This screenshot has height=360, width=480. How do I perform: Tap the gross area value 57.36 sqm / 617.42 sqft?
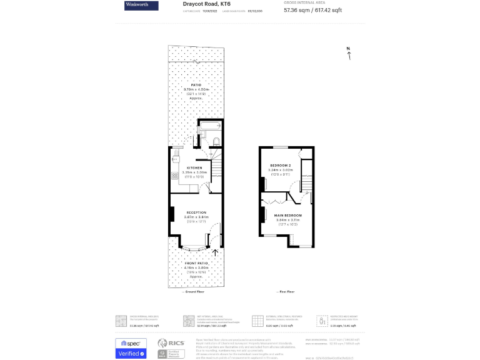click(312, 10)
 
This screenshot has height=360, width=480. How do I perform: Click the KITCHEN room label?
click(194, 168)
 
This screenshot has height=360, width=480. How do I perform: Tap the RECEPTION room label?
click(196, 213)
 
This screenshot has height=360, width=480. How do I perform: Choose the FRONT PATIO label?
click(196, 264)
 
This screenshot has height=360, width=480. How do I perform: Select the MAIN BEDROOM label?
click(287, 216)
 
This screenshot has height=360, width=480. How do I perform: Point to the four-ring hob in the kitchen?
click(175, 176)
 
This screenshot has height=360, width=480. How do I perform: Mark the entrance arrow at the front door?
click(216, 252)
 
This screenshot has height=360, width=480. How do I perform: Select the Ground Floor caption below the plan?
click(192, 292)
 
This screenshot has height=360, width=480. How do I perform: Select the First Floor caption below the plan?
click(286, 292)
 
